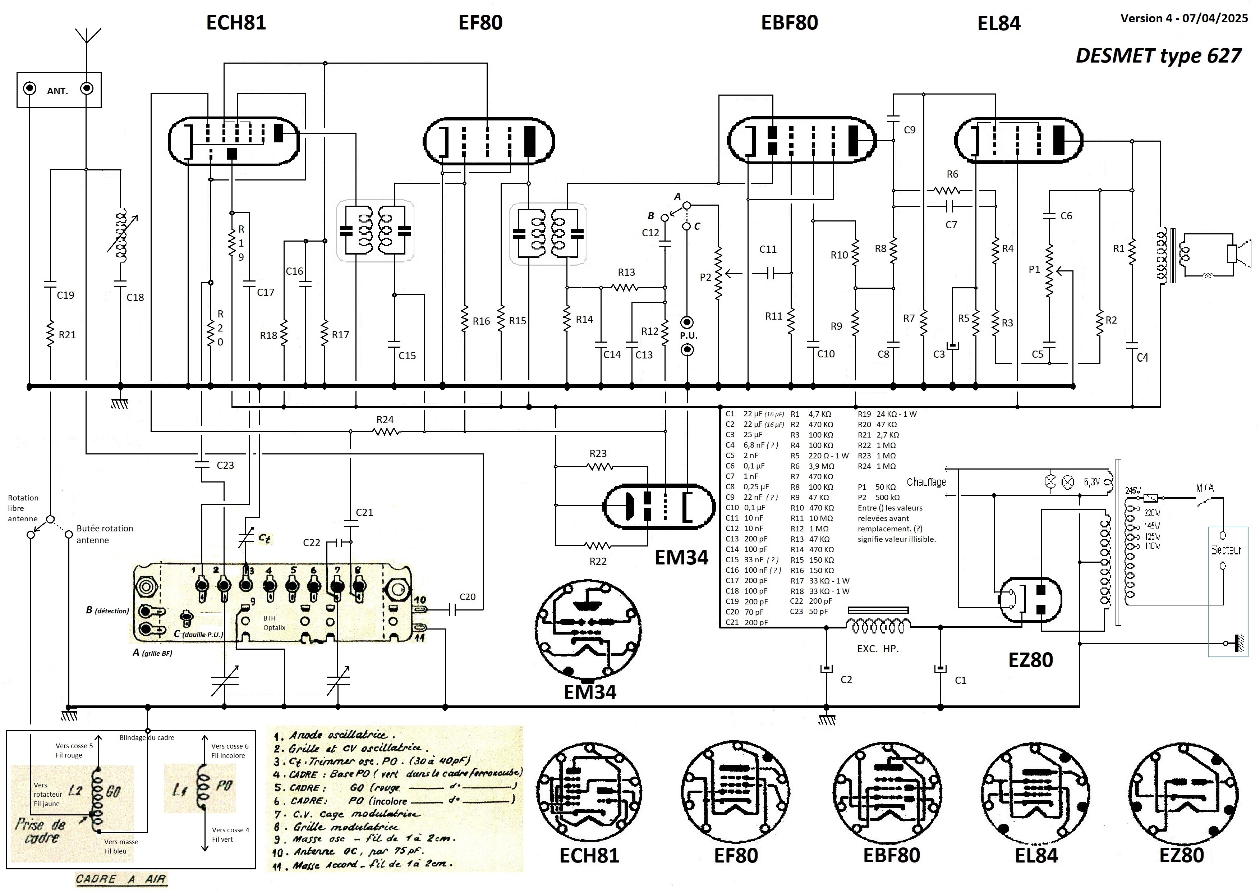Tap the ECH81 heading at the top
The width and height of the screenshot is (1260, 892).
click(x=236, y=23)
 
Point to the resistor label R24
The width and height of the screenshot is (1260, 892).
click(x=385, y=420)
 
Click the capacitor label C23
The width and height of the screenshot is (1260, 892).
click(x=225, y=465)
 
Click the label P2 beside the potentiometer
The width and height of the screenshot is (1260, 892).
click(x=705, y=277)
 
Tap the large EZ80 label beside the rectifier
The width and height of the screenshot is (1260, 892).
click(x=1030, y=660)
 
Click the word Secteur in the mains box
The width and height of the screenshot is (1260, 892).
click(x=1226, y=550)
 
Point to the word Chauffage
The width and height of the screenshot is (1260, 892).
click(x=926, y=482)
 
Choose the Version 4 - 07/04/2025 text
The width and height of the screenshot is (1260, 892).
click(x=1183, y=18)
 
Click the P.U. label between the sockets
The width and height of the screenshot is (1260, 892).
click(x=688, y=335)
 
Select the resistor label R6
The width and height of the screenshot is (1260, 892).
click(x=953, y=174)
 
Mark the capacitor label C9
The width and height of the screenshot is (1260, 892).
click(x=910, y=130)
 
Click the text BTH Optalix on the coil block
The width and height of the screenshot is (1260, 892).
click(x=274, y=623)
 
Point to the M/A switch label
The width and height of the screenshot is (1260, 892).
click(x=1205, y=488)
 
